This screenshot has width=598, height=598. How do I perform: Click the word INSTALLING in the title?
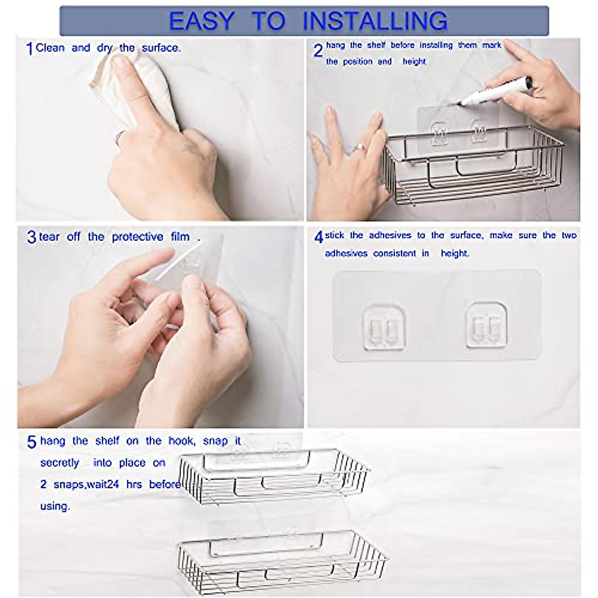pyautogui.click(x=375, y=21)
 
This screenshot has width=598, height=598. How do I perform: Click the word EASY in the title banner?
pyautogui.click(x=201, y=21)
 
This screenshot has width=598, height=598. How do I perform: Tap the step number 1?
pyautogui.click(x=29, y=49)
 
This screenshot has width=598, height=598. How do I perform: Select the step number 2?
pyautogui.click(x=318, y=51)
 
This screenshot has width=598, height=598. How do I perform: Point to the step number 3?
pyautogui.click(x=31, y=237)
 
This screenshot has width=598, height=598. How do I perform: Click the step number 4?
pyautogui.click(x=319, y=237)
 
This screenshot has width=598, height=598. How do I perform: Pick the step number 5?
pyautogui.click(x=31, y=442)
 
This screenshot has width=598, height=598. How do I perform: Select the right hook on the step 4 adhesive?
pyautogui.click(x=486, y=326)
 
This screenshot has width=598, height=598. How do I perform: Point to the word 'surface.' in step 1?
pyautogui.click(x=161, y=48)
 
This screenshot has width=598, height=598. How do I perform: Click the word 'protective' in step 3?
pyautogui.click(x=138, y=237)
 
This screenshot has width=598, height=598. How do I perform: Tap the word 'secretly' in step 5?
pyautogui.click(x=60, y=463)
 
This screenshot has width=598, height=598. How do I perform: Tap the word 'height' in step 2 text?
pyautogui.click(x=414, y=62)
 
